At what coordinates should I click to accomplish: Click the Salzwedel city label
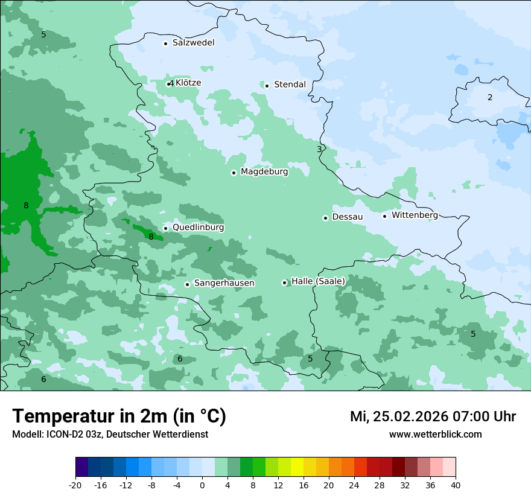(x=193, y=43)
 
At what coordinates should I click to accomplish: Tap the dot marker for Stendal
(x=267, y=85)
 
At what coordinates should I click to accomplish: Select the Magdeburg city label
(x=264, y=172)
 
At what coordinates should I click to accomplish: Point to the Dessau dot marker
(x=325, y=218)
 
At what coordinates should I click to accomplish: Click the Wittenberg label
(x=415, y=215)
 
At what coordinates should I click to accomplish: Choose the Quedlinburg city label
(x=198, y=228)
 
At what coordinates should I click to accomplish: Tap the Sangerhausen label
(x=224, y=283)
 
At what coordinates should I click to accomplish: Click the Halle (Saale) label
(x=318, y=281)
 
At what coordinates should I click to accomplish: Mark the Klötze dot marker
(x=169, y=84)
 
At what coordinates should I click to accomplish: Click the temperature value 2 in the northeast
(x=490, y=97)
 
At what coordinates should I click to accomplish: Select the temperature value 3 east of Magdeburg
(x=319, y=149)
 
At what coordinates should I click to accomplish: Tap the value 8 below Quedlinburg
(x=151, y=237)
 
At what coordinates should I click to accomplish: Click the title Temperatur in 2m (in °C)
(x=119, y=416)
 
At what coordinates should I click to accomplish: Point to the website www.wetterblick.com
(x=435, y=435)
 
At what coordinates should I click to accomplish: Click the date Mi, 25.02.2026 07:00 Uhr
(x=433, y=416)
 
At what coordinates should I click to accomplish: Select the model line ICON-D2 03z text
(x=110, y=435)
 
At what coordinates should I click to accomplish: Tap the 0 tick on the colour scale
(x=202, y=485)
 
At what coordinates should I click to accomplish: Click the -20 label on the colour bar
(x=75, y=485)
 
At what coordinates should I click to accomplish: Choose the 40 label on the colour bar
(x=455, y=485)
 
